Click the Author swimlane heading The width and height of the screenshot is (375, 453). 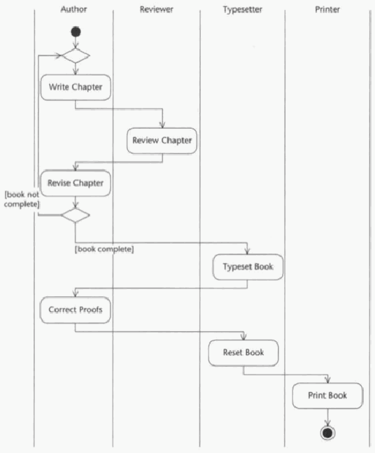(x=73, y=10)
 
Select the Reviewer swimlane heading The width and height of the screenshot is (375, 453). (x=157, y=10)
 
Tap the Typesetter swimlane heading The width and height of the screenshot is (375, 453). (x=243, y=10)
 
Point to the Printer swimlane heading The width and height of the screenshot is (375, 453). (x=327, y=10)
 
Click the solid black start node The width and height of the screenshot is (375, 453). (x=76, y=32)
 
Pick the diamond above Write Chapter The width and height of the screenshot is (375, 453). (x=76, y=55)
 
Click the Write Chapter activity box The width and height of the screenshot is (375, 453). (x=76, y=88)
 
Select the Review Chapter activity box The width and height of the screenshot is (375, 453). (x=162, y=141)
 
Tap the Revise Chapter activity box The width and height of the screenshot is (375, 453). (x=76, y=183)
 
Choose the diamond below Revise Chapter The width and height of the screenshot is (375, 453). (x=76, y=215)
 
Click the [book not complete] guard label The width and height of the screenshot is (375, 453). (x=22, y=200)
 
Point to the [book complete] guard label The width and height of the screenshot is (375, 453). (x=104, y=249)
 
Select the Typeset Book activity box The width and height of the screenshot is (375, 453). (x=248, y=267)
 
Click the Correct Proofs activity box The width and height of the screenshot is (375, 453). (x=76, y=309)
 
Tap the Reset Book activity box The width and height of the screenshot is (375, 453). (x=243, y=353)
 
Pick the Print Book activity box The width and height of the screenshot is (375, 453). (x=327, y=396)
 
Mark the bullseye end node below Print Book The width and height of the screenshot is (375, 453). (x=327, y=433)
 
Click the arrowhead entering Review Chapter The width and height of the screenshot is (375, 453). (x=162, y=125)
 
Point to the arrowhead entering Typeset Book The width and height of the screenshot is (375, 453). (x=248, y=251)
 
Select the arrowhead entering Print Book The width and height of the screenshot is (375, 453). (x=327, y=379)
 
